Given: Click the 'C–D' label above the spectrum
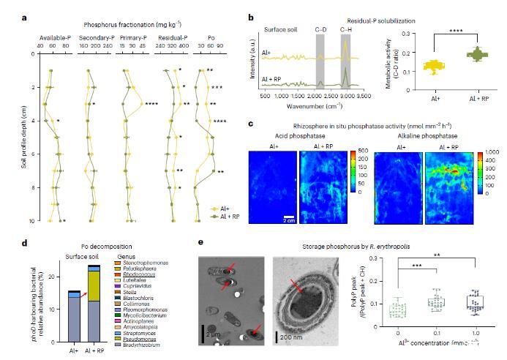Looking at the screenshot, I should coord(320,29).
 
